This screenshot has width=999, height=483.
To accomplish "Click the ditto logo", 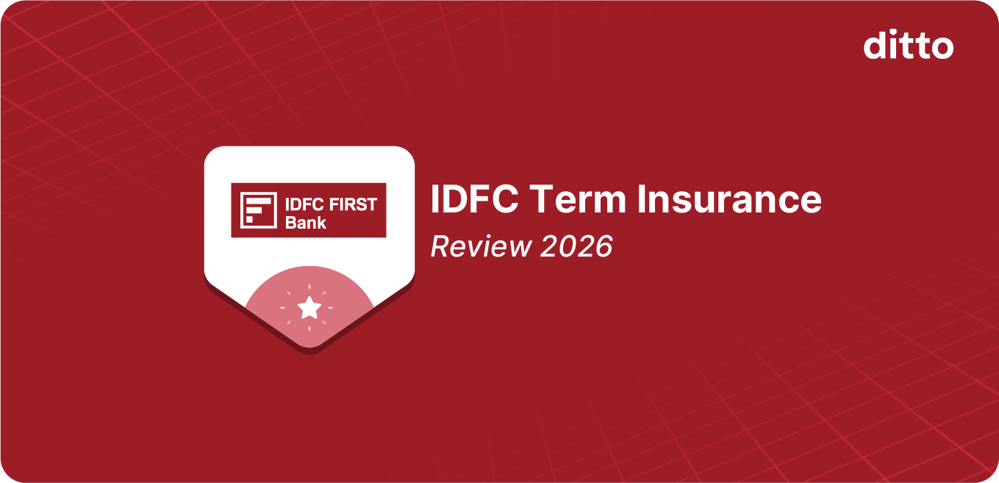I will pyautogui.click(x=909, y=46).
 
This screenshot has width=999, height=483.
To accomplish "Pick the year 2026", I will pyautogui.click(x=576, y=247).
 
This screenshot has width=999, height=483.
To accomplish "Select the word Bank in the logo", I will pyautogui.click(x=306, y=222).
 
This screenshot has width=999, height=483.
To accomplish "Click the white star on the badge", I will pyautogui.click(x=309, y=307).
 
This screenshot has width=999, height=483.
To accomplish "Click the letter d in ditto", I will pyautogui.click(x=875, y=46).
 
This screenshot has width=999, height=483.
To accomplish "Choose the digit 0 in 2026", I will pyautogui.click(x=566, y=247).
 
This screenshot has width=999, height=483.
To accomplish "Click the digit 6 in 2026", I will pyautogui.click(x=603, y=247).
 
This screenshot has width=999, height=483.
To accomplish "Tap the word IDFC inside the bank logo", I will pyautogui.click(x=301, y=204).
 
